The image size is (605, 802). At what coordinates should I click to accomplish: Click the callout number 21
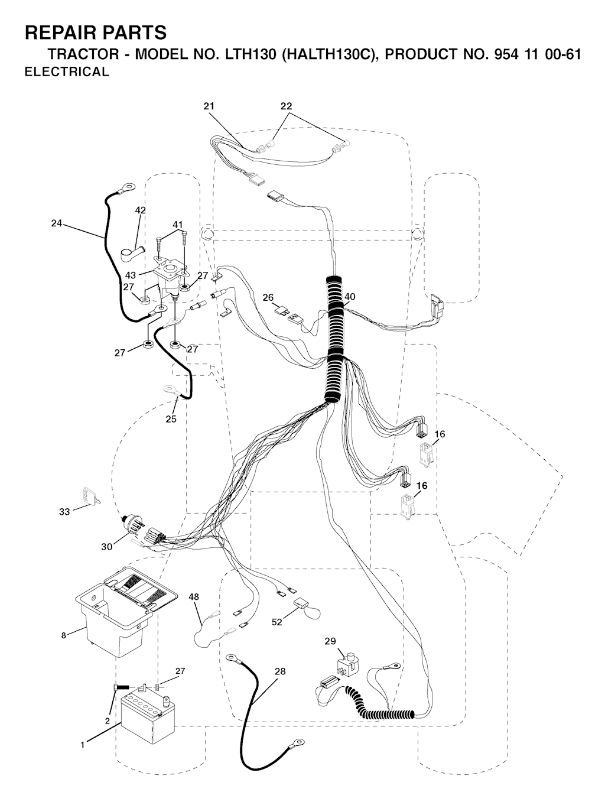point(209,106)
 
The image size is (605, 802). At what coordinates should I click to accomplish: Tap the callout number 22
point(286,106)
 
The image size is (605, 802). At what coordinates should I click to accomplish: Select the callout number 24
point(57,223)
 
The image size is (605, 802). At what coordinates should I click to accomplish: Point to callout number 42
point(140,210)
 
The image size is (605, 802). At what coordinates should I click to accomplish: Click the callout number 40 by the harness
point(349,297)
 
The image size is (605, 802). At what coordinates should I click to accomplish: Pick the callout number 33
point(64,512)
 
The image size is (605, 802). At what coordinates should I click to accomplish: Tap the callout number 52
point(277,622)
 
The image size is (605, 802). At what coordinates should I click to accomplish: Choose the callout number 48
point(194,597)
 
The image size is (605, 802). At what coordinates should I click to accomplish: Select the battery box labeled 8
point(125,612)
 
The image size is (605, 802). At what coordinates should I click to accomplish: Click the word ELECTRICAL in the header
point(67,72)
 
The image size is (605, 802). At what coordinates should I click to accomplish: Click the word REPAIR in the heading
point(55,33)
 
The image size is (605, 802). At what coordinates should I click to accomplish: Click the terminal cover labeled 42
point(132,253)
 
